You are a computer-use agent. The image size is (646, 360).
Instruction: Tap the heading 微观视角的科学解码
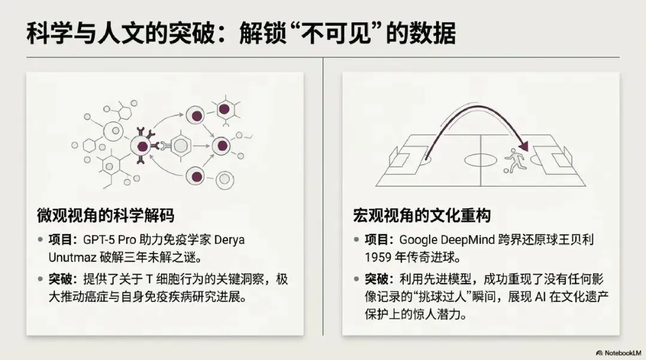pyautogui.click(x=106, y=215)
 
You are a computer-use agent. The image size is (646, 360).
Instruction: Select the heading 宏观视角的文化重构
pyautogui.click(x=422, y=215)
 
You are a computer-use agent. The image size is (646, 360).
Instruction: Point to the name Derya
pyautogui.click(x=230, y=240)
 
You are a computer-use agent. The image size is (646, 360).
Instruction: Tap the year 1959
pyautogui.click(x=378, y=257)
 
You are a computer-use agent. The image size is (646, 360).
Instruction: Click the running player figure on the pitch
pyautogui.click(x=515, y=160)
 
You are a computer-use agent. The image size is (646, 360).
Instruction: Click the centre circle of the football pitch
pyautogui.click(x=481, y=160)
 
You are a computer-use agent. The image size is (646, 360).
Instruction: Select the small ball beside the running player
pyautogui.click(x=507, y=170)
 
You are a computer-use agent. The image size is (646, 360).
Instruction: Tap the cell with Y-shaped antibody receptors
pyautogui.click(x=142, y=146)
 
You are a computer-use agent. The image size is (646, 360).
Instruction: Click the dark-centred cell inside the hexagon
pyautogui.click(x=224, y=109)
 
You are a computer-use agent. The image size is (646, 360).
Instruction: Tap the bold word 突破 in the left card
pyautogui.click(x=60, y=279)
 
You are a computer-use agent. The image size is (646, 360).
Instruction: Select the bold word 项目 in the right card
pyautogui.click(x=376, y=240)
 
